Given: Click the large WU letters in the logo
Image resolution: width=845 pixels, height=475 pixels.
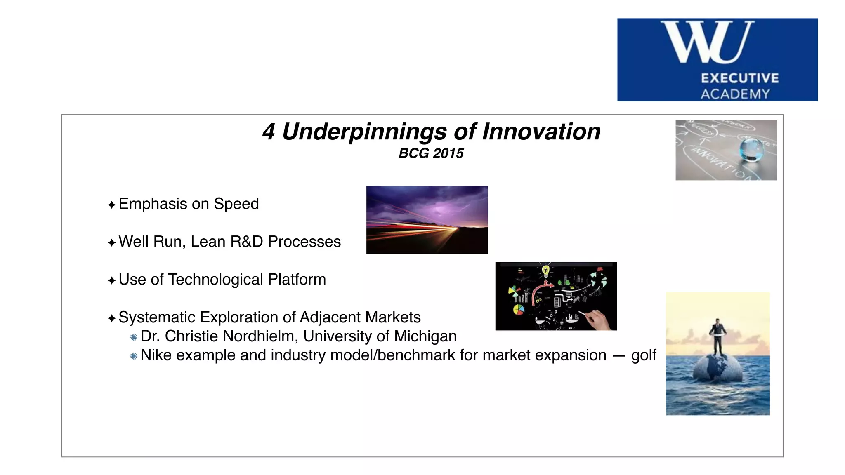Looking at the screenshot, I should pos(707,42).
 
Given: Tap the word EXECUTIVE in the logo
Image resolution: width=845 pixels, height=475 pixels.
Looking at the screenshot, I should pos(740,78).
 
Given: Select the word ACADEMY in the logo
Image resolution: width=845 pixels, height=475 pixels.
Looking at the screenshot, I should pos(735,94).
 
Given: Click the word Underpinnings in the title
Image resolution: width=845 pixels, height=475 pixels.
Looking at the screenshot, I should pos(364,132).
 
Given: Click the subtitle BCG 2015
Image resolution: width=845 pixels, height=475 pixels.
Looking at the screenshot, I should pos(431,153).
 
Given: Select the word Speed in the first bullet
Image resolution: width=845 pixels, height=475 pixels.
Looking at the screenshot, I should pos(236,204).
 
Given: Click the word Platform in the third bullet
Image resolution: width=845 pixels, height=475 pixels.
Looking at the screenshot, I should pos(297,280).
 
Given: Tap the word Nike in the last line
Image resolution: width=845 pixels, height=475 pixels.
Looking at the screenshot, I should pos(156,355).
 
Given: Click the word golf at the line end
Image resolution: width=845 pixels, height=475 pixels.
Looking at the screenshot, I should pos(643,355).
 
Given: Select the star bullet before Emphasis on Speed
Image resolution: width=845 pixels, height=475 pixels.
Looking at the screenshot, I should pos(111,205).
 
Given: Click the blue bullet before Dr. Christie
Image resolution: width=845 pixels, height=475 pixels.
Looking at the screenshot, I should pos(133,337).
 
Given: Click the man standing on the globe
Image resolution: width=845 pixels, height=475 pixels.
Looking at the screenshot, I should pos(718,336).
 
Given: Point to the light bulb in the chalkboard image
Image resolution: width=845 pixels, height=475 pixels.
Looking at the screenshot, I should pos(545,271).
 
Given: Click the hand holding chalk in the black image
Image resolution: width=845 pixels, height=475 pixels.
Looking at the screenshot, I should pos(596,320).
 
